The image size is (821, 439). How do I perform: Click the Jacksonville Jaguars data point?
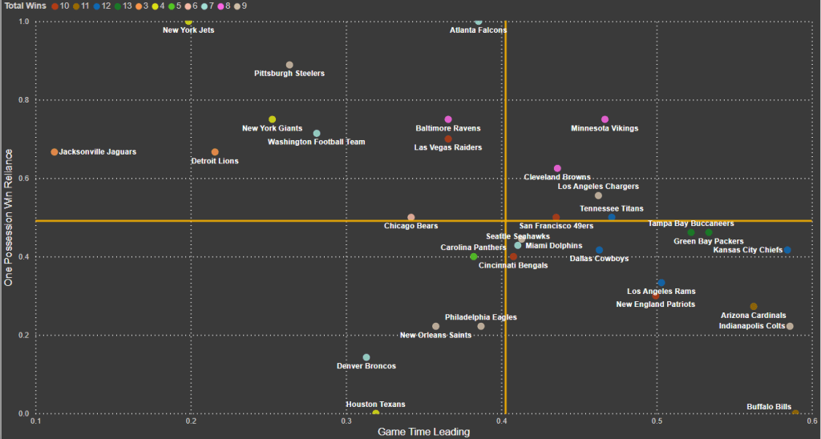pos(55,151)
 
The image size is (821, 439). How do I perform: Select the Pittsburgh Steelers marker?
pos(289,65)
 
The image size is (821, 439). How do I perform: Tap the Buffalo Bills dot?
pos(795,413)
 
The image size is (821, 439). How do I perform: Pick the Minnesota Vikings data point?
pos(605,119)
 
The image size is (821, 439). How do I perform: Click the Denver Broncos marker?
pos(366,357)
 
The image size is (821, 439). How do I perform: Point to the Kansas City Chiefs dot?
pos(787,250)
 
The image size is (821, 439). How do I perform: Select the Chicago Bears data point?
pos(411,217)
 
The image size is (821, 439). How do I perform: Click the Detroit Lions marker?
pos(215,151)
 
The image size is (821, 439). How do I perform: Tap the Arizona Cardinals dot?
pos(753,306)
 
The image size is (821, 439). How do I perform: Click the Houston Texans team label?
pos(375,405)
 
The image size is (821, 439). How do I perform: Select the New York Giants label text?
pos(272,129)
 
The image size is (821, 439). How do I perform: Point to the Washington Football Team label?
pos(316,143)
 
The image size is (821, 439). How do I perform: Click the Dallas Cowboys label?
pos(598,259)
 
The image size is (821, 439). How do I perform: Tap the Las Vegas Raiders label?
pos(447,147)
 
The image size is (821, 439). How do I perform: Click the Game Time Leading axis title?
pos(423,432)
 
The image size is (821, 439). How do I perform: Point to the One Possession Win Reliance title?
pos(9,221)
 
